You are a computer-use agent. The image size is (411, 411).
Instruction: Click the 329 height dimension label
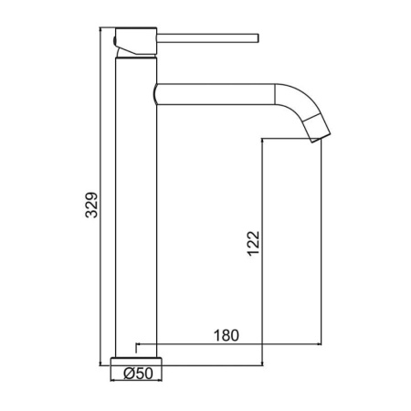(x=91, y=205)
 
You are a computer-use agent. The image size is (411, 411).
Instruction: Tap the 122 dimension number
(x=253, y=244)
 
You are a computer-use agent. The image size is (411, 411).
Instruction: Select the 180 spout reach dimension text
(x=227, y=335)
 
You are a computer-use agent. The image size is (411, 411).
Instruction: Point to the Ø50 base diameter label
(x=138, y=374)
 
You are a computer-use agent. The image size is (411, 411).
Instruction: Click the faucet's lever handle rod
(x=207, y=38)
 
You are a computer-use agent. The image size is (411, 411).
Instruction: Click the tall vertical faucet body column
(x=136, y=207)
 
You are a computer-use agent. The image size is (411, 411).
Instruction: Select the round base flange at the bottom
(x=136, y=361)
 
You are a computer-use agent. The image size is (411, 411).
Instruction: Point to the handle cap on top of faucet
(x=136, y=42)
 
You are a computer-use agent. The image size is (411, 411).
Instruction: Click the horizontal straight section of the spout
(x=216, y=94)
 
